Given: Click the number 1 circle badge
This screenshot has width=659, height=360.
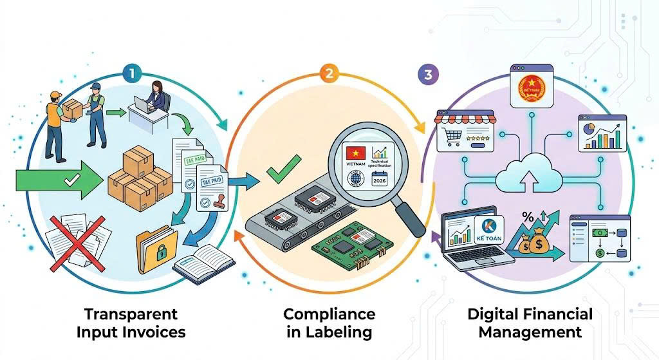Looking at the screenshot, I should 132,73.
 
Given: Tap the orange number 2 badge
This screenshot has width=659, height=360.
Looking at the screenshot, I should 329,73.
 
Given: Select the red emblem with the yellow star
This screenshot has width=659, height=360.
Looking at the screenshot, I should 532,85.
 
